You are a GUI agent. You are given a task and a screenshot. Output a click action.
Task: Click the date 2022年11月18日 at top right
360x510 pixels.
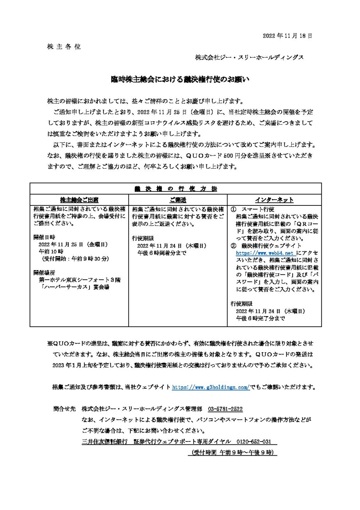click(x=287, y=36)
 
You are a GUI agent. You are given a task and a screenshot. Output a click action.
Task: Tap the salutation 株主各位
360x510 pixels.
click(x=64, y=47)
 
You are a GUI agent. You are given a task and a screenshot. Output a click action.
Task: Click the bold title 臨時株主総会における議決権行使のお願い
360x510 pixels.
click(x=180, y=79)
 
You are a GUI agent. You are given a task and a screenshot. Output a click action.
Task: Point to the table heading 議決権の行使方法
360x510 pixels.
click(x=175, y=188)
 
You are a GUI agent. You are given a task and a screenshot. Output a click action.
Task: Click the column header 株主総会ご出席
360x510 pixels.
click(x=79, y=200)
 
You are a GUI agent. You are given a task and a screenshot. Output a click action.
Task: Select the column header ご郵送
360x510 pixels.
click(x=178, y=200)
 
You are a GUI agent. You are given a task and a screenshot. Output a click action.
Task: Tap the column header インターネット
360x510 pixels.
click(x=274, y=200)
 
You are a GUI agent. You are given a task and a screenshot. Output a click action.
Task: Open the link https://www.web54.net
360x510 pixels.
click(x=265, y=253)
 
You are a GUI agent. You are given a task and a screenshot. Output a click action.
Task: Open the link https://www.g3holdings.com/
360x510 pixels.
click(x=210, y=387)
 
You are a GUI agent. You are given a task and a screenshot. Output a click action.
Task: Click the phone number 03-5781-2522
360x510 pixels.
click(x=225, y=409)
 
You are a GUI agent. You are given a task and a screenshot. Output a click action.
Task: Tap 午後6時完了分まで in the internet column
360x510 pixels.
click(x=260, y=318)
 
